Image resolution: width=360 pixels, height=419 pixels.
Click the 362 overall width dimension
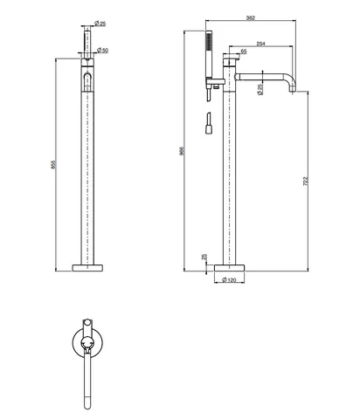click(x=251, y=17)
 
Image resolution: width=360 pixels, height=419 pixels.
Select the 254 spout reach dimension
click(x=260, y=44)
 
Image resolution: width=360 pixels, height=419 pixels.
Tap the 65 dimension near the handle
click(x=244, y=52)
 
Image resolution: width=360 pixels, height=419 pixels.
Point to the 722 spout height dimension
click(x=305, y=181)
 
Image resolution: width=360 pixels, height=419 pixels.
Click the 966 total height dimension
click(x=182, y=150)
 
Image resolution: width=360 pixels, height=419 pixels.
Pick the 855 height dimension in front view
click(x=53, y=165)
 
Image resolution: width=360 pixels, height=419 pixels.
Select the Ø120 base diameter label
click(x=229, y=280)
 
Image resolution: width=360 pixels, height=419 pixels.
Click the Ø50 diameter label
click(x=102, y=50)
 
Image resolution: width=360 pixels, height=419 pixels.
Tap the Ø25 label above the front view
click(x=100, y=24)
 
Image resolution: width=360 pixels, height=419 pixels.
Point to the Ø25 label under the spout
click(x=260, y=89)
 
